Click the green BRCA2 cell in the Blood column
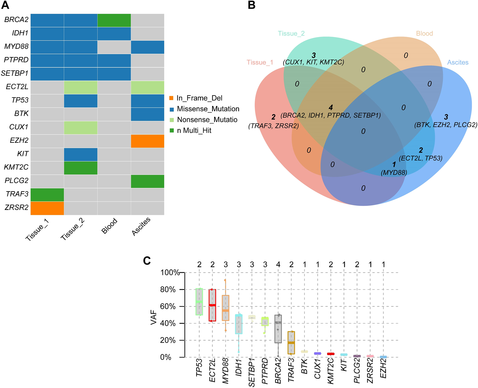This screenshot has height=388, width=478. [114, 21]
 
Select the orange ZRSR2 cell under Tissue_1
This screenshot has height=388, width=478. [47, 208]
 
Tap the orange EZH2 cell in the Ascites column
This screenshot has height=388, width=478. [148, 141]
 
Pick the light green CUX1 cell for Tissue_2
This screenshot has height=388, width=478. [81, 128]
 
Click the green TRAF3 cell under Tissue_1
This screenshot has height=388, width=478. [47, 195]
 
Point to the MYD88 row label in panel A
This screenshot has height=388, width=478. [16, 47]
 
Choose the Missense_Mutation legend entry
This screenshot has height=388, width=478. [205, 109]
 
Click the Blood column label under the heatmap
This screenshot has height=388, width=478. [109, 226]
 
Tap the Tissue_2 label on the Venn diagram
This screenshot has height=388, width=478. [291, 34]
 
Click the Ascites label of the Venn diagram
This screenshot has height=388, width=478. [458, 62]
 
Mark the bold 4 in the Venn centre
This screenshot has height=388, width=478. [331, 108]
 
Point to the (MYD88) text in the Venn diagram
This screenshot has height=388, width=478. [394, 173]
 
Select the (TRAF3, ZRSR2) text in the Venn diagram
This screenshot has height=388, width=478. [273, 126]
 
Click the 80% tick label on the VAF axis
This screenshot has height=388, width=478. [168, 289]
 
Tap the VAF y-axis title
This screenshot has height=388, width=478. [154, 317]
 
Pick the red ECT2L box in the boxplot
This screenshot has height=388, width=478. [212, 305]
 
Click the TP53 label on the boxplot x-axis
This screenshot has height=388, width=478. [199, 367]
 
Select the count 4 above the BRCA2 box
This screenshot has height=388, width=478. [278, 265]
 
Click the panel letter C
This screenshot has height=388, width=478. [147, 261]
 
